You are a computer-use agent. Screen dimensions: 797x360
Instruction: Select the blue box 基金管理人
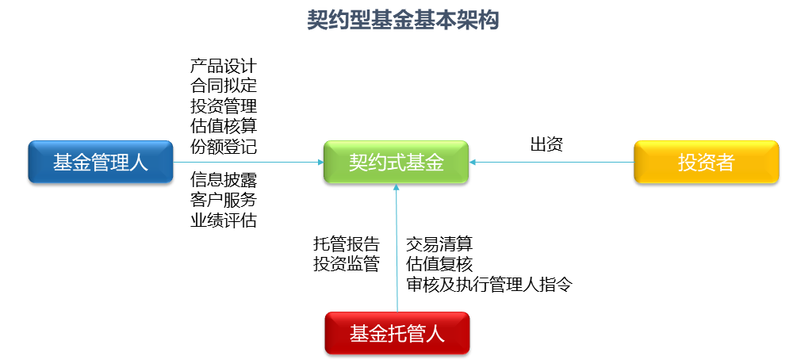point(100,163)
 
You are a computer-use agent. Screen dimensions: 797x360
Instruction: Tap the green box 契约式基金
point(396,163)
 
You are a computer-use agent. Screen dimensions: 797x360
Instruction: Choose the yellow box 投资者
point(706,163)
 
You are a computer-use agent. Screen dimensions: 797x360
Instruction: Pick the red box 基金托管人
point(397,333)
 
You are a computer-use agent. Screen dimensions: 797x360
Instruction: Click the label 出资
point(546,144)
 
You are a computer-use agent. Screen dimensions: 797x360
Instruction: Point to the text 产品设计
point(223,65)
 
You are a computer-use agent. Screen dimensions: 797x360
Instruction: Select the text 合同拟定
point(223,85)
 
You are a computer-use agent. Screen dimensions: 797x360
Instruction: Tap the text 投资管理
point(223,105)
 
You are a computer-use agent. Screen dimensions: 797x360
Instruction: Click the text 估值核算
point(223,126)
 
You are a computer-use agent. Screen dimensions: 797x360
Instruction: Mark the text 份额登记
point(223,147)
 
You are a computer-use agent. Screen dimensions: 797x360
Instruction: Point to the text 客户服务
point(223,200)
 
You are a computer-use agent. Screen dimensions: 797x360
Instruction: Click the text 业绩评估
point(223,220)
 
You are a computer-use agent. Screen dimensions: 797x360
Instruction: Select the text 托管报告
point(346,243)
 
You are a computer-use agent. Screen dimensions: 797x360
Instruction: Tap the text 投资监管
point(346,264)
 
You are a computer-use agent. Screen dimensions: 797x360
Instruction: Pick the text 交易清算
point(439,243)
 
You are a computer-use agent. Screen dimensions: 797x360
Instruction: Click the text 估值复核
point(439,264)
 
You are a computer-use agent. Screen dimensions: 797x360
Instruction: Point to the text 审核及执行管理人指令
point(489,284)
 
